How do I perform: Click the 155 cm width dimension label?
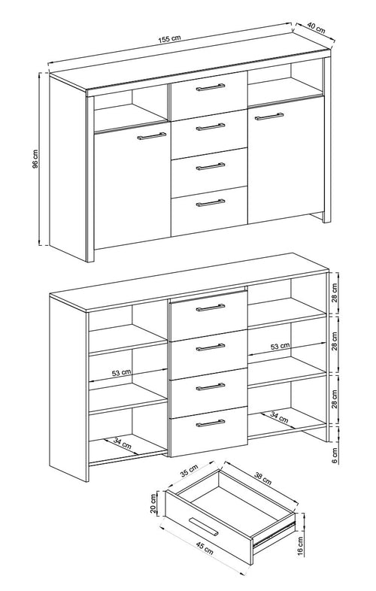[169, 39]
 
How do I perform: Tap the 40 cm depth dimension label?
[316, 28]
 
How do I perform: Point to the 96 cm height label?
[35, 159]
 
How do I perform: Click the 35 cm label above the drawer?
[189, 471]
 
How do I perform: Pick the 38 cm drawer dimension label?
[262, 478]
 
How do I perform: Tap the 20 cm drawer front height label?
[153, 504]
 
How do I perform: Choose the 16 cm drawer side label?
[300, 545]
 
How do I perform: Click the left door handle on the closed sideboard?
[152, 135]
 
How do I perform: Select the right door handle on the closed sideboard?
[269, 116]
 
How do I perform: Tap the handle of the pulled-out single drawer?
[203, 526]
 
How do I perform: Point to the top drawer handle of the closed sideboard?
[211, 87]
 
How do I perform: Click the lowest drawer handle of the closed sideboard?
[211, 203]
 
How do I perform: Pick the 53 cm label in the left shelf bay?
[121, 373]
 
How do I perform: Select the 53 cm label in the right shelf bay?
[280, 346]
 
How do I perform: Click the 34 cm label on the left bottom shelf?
[122, 442]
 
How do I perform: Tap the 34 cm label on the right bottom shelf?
[279, 417]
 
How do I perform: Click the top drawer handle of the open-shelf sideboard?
[211, 308]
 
